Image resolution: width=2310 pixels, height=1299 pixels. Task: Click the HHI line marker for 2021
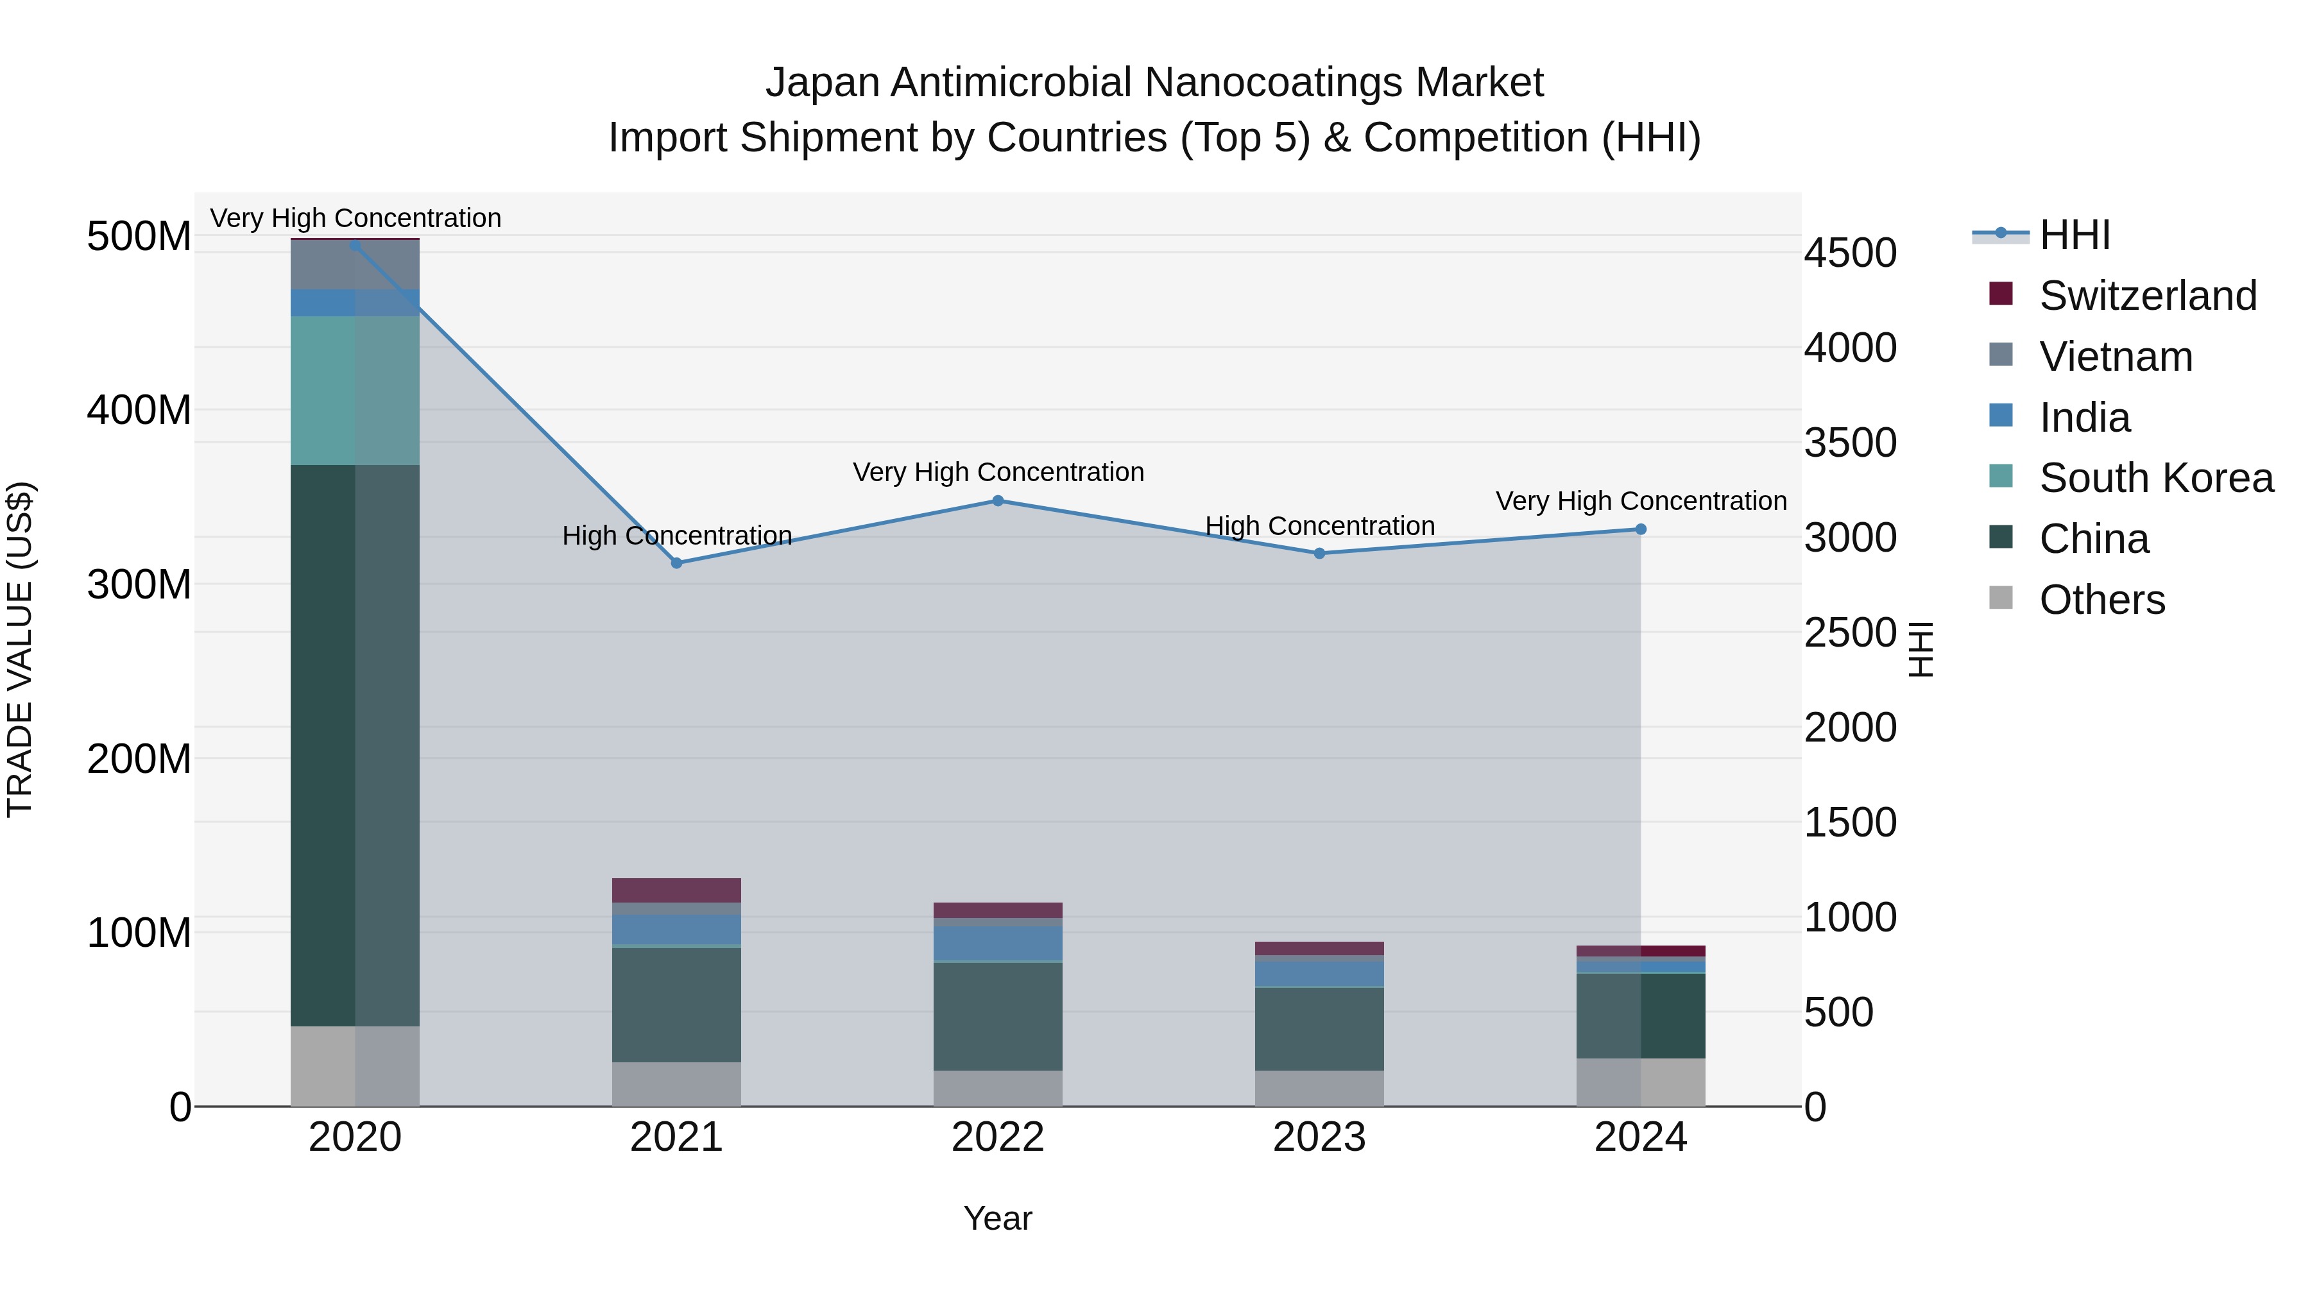677,563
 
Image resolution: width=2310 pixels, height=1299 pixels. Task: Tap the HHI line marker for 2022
998,501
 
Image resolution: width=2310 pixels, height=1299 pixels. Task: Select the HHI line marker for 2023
1319,554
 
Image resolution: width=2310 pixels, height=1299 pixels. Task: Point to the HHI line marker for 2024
1641,530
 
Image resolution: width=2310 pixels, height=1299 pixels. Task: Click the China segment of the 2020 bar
354,744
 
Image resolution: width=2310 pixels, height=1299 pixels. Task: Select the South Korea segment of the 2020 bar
354,390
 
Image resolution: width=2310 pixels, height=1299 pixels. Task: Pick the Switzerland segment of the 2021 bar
677,890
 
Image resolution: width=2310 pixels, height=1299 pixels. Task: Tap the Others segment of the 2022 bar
998,1089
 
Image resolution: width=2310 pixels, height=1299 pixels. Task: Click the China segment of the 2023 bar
1319,1028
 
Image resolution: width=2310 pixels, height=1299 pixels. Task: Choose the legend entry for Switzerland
2147,296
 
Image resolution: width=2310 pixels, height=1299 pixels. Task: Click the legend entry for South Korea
2156,478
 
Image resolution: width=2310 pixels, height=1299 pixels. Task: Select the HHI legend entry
2074,235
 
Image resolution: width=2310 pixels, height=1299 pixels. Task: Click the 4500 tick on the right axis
1850,253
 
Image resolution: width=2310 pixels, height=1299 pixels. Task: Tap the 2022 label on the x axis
998,1137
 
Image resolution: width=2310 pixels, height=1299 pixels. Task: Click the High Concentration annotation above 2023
1319,526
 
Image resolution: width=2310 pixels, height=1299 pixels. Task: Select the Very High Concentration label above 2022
998,472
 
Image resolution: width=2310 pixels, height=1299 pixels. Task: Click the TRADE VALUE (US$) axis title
20,649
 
